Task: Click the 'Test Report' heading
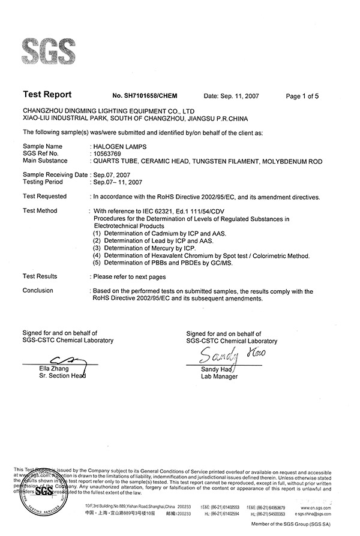tap(47, 95)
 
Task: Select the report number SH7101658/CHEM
tap(145, 95)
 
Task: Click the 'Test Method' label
tap(40, 211)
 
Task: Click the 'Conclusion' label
tap(38, 291)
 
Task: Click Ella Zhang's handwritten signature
tap(57, 360)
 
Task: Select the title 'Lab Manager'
tap(219, 377)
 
